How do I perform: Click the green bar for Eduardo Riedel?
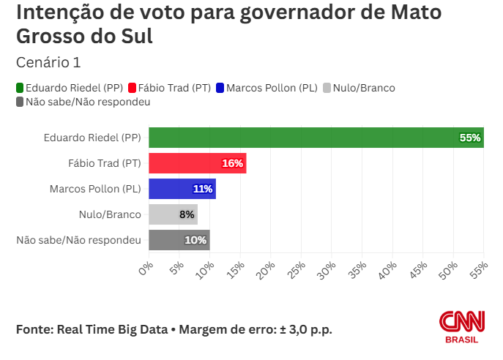point(315,138)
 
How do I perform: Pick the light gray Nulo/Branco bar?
point(173,214)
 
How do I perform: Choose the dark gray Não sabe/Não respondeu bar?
point(179,240)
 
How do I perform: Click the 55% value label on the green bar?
point(469,138)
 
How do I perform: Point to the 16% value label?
point(232,163)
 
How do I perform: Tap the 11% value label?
point(203,189)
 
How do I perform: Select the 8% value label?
point(187,214)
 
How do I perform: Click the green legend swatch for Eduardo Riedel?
point(20,89)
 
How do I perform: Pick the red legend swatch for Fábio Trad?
point(132,89)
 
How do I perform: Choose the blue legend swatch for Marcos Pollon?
point(220,89)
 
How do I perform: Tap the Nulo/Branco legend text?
point(363,89)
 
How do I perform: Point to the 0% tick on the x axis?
point(145,268)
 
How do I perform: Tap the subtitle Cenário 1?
point(48,61)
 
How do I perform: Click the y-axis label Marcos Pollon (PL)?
point(95,189)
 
